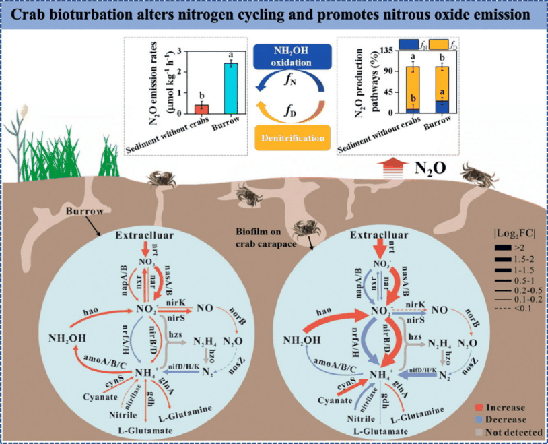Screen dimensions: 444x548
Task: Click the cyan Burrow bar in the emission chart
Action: [230, 90]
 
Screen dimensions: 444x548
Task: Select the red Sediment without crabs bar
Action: [201, 110]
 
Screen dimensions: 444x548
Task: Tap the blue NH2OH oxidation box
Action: [293, 57]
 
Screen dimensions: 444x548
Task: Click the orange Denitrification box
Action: [293, 137]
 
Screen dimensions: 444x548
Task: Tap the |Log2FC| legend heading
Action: [514, 236]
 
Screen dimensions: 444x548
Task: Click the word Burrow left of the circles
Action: [85, 212]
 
